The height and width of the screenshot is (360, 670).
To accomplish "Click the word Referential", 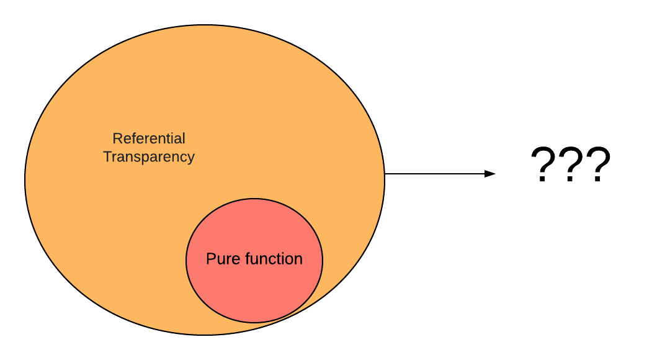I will coord(149,138).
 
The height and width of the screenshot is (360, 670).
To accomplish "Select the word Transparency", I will coord(149,157).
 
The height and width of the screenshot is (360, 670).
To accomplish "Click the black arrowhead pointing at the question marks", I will coord(491,174).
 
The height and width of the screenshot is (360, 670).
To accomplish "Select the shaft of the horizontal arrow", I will coord(434,174).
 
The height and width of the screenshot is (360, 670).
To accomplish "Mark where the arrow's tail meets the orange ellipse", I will coord(385,174).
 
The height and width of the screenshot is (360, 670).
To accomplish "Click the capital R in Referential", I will coord(117,138).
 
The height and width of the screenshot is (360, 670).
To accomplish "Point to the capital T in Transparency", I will coord(107,157).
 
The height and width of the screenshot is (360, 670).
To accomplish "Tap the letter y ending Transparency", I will coord(191,159).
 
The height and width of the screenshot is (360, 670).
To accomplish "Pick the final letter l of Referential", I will coord(184,138).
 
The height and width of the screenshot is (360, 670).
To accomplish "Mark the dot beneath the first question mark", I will coord(543,180).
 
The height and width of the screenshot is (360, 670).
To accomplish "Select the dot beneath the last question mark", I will coord(597,180).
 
